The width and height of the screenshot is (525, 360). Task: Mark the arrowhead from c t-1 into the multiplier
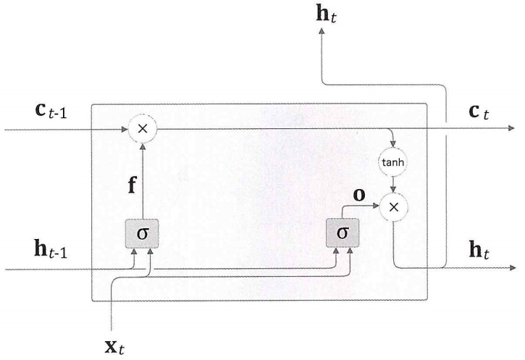pos(127,130)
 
